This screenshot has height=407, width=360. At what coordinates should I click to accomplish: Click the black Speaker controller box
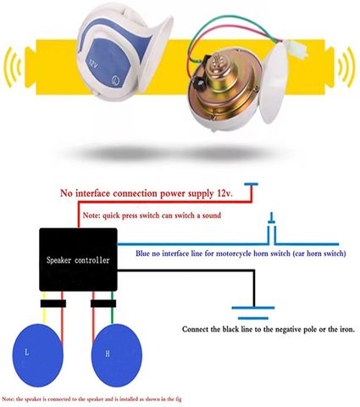pyautogui.click(x=78, y=259)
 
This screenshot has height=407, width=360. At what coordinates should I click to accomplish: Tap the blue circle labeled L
pyautogui.click(x=38, y=355)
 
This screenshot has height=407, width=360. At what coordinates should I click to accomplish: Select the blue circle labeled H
pyautogui.click(x=117, y=355)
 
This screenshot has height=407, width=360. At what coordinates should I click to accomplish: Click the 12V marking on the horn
pyautogui.click(x=93, y=64)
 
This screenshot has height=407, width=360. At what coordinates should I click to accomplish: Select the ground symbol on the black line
pyautogui.click(x=253, y=313)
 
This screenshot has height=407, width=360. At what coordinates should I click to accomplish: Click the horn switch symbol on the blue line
pyautogui.click(x=272, y=228)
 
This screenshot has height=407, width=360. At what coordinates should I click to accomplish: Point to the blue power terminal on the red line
pyautogui.click(x=251, y=185)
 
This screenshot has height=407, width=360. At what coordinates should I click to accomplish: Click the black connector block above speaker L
pyautogui.click(x=53, y=304)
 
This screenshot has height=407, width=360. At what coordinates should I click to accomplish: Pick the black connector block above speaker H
pyautogui.click(x=103, y=304)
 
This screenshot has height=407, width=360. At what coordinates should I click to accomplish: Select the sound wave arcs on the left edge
pyautogui.click(x=12, y=67)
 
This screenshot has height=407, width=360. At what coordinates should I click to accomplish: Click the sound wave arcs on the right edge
pyautogui.click(x=346, y=67)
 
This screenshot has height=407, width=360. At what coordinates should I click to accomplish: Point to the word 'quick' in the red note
pyautogui.click(x=111, y=215)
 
